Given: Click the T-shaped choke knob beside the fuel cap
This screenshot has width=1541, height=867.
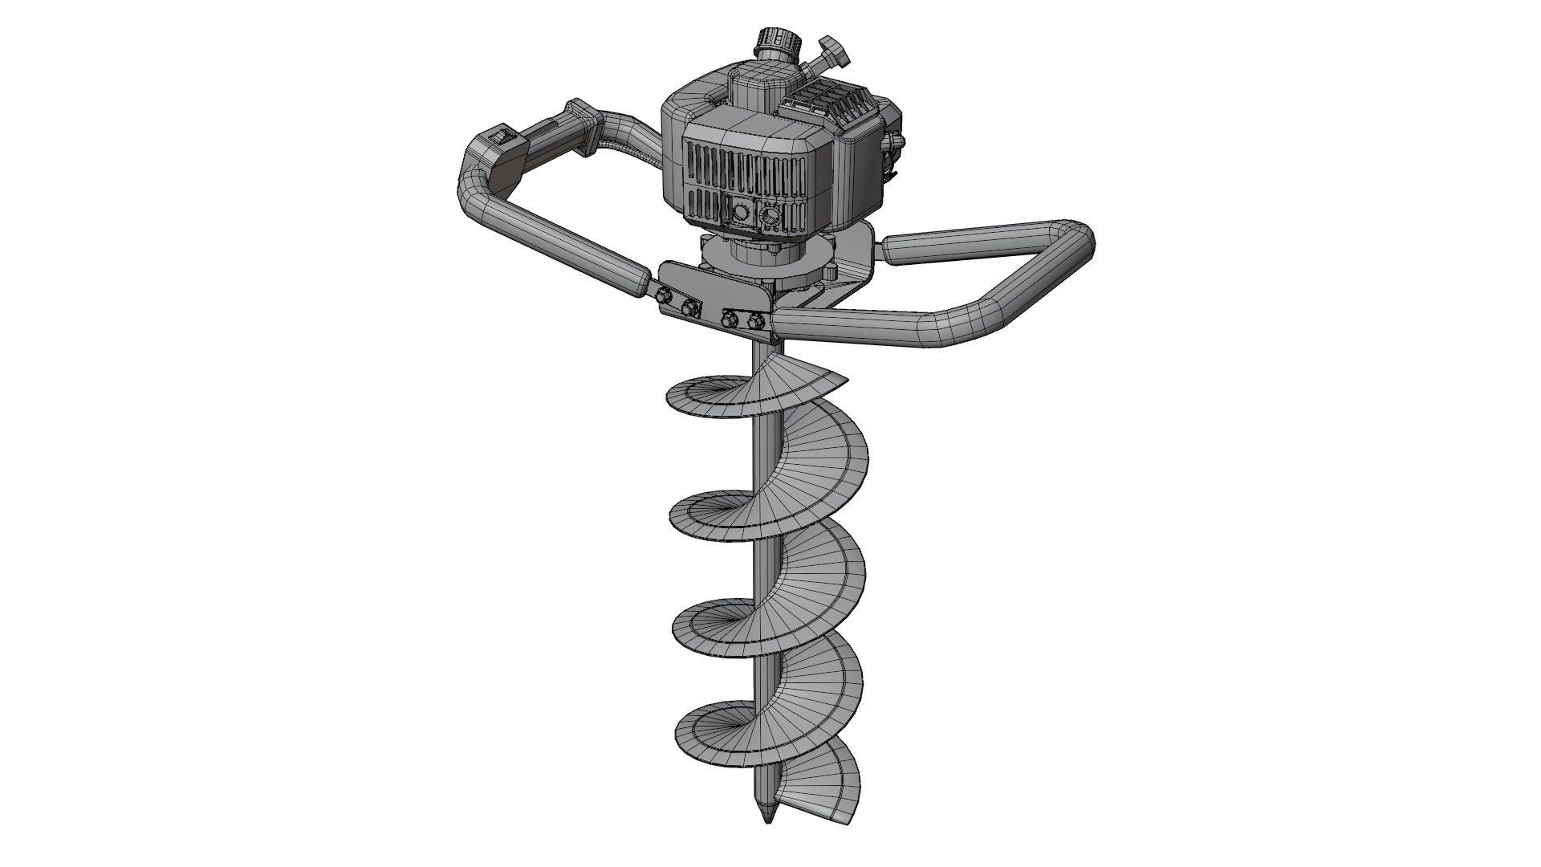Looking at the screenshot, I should pos(828,54).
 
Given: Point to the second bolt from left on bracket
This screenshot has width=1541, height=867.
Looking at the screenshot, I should pos(689,308).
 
